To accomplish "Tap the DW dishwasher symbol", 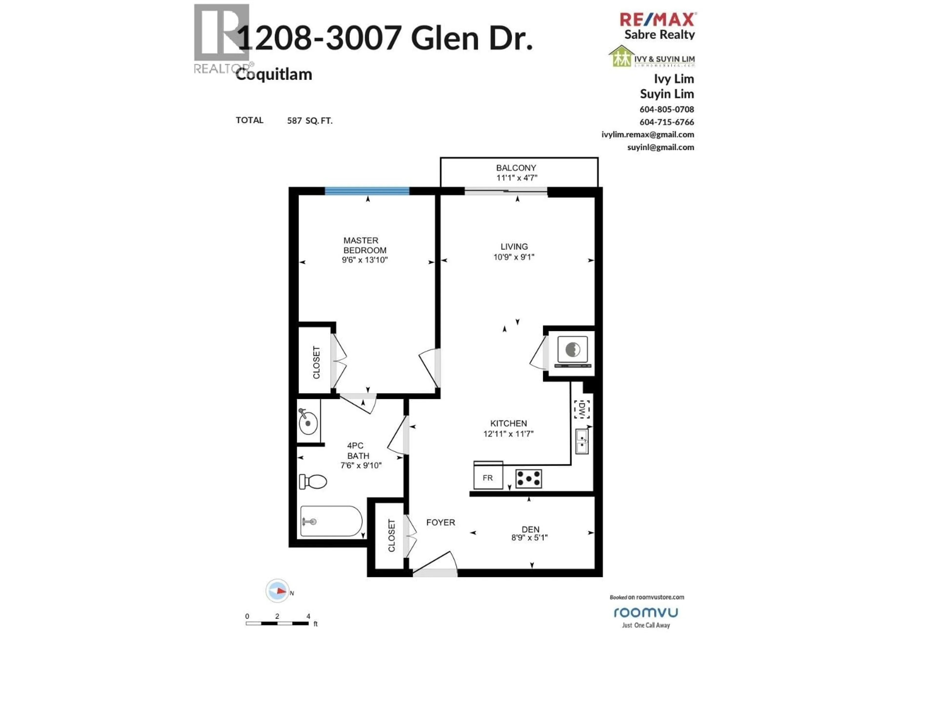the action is coord(582,409).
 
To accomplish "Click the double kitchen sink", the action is coord(582,441).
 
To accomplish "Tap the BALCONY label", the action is coord(516,168).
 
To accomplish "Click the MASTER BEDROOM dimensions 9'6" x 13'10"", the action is coord(365,260).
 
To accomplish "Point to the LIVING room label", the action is coord(514,247).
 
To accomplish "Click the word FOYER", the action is coord(440,522).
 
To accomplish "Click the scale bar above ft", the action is coord(277,623).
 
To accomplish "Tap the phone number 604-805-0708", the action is coord(667,109).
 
